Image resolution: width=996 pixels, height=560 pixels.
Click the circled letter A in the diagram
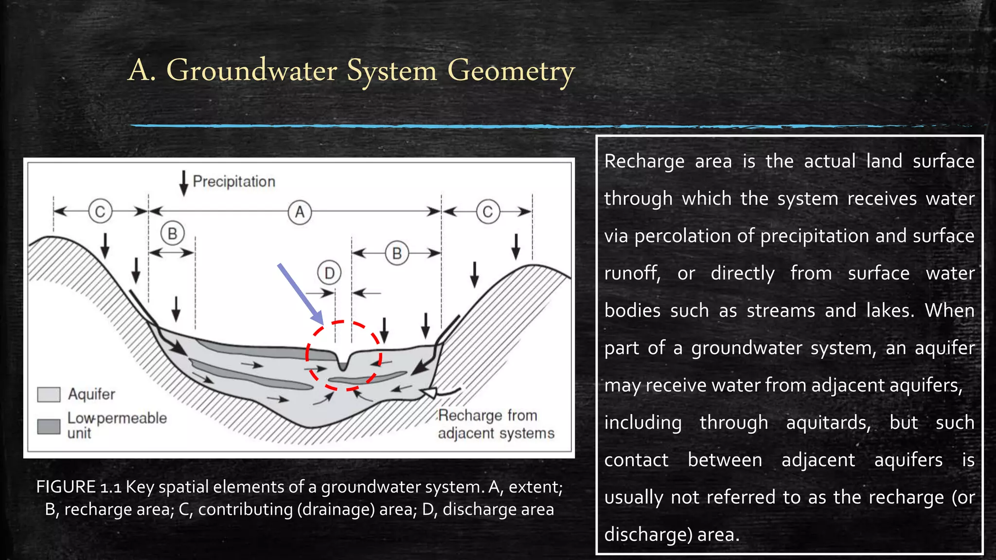point(300,212)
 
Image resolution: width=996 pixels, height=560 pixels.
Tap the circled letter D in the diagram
point(329,273)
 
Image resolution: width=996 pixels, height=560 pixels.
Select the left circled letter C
point(100,211)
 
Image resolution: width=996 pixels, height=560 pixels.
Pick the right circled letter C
point(488,212)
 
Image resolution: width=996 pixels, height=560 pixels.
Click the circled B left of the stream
point(172,234)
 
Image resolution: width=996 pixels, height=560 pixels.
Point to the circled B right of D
point(397,253)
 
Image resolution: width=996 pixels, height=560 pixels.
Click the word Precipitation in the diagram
point(234,182)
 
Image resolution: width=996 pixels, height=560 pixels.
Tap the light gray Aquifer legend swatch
point(49,394)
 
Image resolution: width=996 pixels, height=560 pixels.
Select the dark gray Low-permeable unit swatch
point(49,426)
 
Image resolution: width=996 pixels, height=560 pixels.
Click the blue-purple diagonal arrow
point(300,294)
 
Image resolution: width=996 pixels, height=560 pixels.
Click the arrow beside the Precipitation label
point(183,183)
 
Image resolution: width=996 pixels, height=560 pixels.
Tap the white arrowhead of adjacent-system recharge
point(429,392)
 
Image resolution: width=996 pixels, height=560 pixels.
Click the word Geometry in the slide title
point(511,71)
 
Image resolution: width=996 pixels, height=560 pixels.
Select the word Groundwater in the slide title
point(251,70)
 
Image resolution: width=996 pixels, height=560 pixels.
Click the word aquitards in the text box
point(828,423)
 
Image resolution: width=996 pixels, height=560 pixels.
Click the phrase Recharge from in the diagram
point(487,416)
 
